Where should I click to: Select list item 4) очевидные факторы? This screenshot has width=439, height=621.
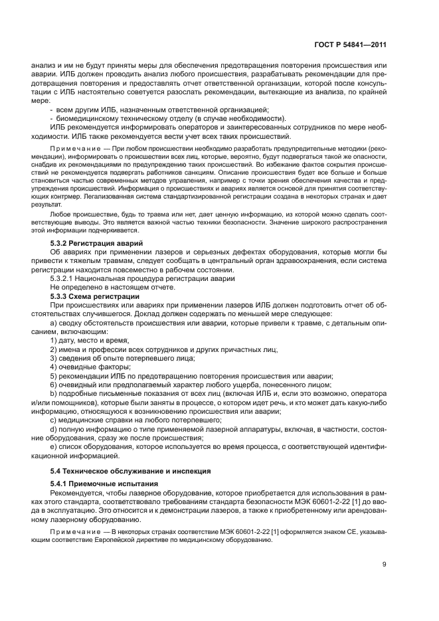click(90, 366)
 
